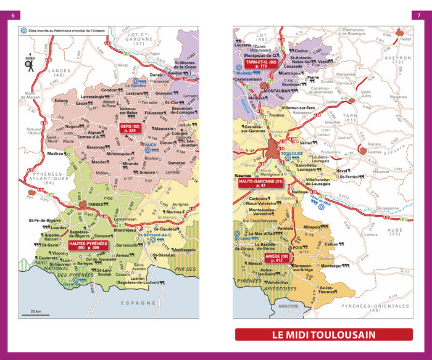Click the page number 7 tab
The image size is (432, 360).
[417, 15]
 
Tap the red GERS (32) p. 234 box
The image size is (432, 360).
[128, 128]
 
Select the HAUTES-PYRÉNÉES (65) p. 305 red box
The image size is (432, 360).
[88, 246]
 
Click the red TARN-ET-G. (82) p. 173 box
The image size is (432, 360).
[261, 64]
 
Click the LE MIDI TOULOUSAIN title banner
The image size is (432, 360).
[324, 335]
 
